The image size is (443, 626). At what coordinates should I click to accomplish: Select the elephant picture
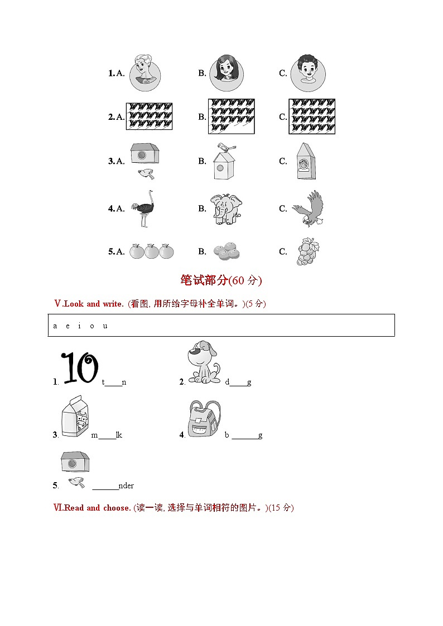[x=225, y=209]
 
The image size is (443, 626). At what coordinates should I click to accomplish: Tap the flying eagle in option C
[x=308, y=208]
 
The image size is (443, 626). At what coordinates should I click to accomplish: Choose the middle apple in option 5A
[x=152, y=251]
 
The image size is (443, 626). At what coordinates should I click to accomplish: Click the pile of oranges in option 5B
[x=227, y=252]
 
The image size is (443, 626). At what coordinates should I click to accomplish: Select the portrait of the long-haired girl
[x=227, y=72]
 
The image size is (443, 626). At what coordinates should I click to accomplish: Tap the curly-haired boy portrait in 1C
[x=307, y=72]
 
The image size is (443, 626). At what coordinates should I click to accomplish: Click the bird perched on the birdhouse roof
[x=225, y=147]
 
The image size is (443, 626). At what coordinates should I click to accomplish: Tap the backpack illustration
[x=204, y=419]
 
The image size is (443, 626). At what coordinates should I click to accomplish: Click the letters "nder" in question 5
[x=127, y=486]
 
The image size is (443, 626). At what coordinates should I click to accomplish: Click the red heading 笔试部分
[x=205, y=280]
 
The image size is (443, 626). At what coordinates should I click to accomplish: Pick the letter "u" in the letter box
[x=105, y=326]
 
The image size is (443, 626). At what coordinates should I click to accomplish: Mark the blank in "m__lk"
[x=107, y=435]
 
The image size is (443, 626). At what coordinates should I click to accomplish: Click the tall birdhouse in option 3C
[x=306, y=161]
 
